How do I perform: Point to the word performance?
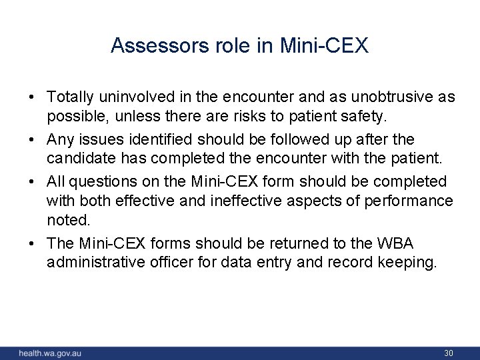pyautogui.click(x=415, y=200)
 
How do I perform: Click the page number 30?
pyautogui.click(x=449, y=352)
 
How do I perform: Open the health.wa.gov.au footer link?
pyautogui.click(x=50, y=352)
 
